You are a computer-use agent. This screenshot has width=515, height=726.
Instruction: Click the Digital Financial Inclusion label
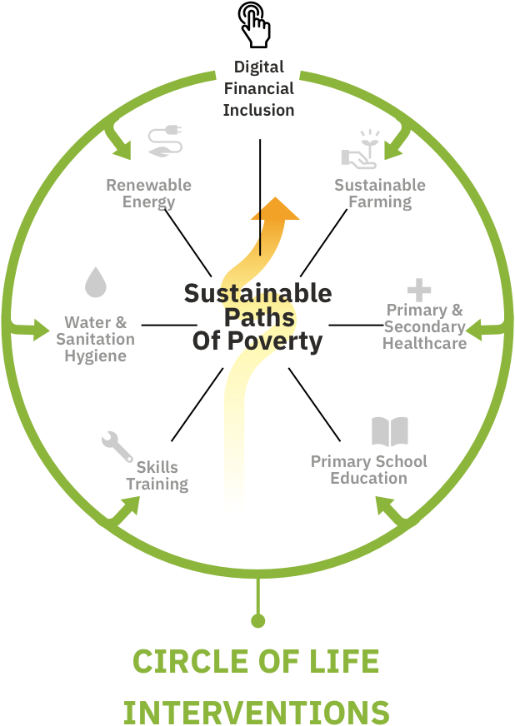[258, 87]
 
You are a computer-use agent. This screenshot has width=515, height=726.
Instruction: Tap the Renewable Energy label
[148, 193]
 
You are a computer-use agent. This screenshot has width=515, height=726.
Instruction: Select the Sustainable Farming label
[379, 193]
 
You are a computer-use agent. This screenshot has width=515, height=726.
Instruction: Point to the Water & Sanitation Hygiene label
[95, 339]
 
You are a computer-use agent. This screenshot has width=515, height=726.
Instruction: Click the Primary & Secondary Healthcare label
[424, 326]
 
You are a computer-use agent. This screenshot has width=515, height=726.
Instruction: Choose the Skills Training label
[157, 475]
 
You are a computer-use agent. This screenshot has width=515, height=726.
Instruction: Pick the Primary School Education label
[368, 470]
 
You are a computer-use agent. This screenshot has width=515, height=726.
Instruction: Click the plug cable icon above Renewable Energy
[165, 141]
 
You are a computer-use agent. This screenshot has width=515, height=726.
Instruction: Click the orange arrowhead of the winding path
[275, 209]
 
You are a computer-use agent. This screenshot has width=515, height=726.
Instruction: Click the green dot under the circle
[258, 620]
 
